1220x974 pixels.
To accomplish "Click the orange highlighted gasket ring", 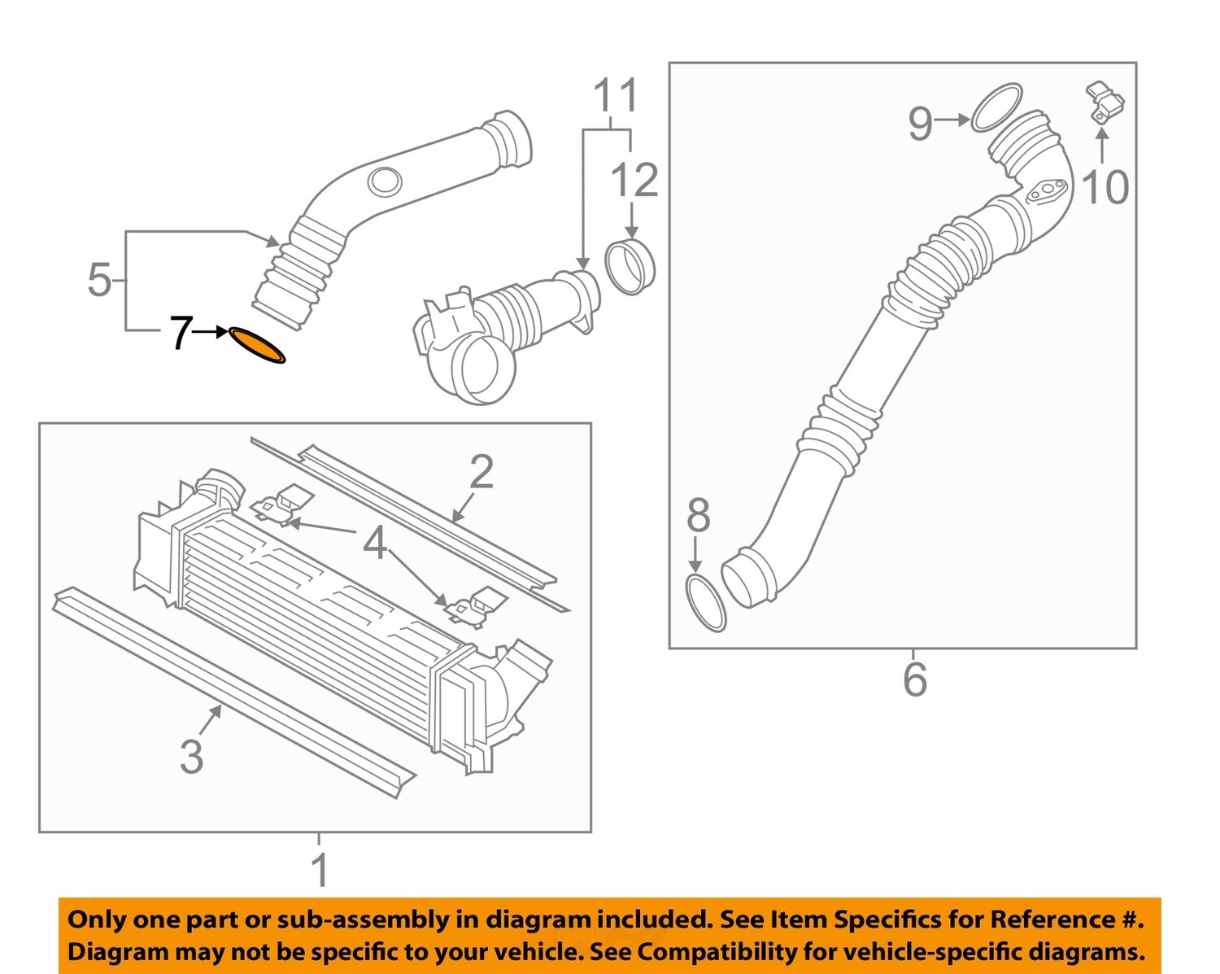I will click(257, 345).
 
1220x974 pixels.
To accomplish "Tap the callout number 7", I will click(181, 333).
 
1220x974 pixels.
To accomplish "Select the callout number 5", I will click(98, 280).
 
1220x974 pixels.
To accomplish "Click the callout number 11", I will click(616, 96).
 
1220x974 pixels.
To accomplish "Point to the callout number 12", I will click(634, 180).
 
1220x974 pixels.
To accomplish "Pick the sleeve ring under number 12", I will click(630, 265).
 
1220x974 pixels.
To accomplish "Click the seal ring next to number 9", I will click(996, 107).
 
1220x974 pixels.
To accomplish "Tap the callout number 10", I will click(1105, 187).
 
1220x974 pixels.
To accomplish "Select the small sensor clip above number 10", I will click(1105, 103).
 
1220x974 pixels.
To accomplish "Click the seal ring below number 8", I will click(705, 603).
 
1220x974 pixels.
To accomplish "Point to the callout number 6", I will click(914, 679).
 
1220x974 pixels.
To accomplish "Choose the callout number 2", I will click(481, 472).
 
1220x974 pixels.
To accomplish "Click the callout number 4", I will click(374, 543).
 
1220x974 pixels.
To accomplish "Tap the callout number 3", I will click(191, 756).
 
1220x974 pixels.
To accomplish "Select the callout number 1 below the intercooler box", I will click(320, 870).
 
